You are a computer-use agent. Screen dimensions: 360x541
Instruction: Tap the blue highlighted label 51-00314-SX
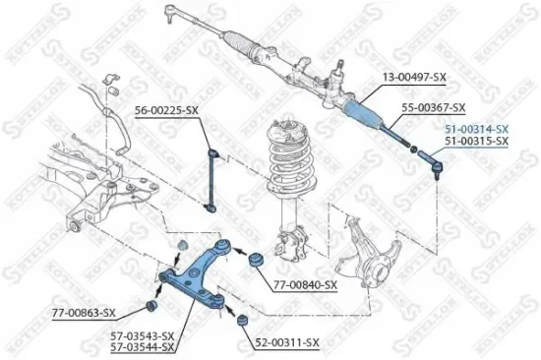[x=476, y=129]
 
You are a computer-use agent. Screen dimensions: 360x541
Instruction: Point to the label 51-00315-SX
[x=476, y=142]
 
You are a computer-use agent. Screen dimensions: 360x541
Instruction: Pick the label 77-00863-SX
[x=84, y=313]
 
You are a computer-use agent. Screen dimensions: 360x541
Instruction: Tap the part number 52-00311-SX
[x=287, y=342]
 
